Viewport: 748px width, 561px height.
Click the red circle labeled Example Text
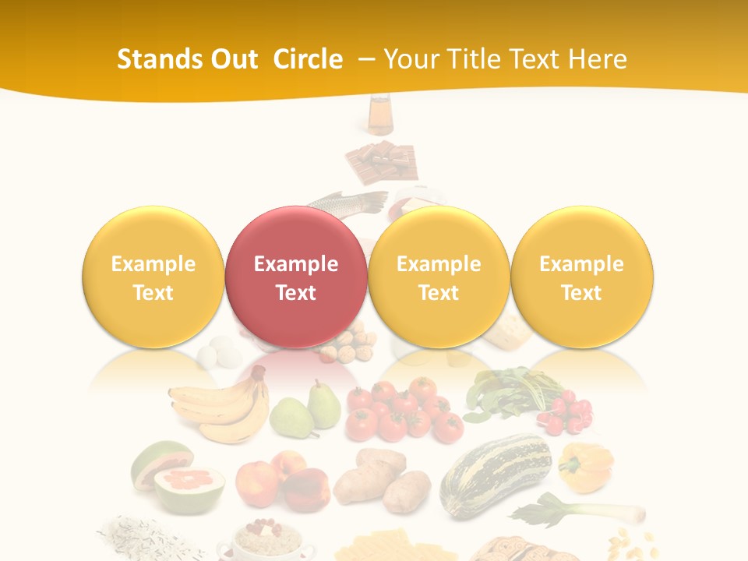click(x=295, y=277)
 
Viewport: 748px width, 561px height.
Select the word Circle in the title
click(x=308, y=59)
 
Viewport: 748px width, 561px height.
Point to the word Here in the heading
click(x=597, y=59)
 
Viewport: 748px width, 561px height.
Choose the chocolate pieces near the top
click(x=381, y=161)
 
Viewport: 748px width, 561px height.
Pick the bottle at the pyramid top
click(x=380, y=115)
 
